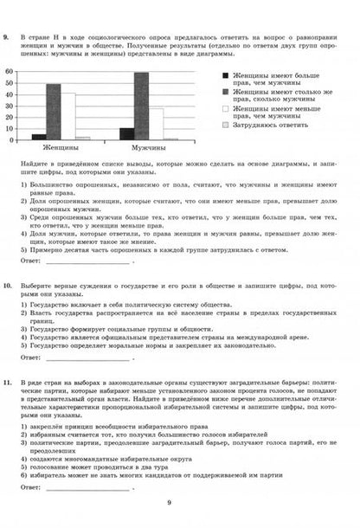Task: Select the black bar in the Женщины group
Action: tap(39, 136)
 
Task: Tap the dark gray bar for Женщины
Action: tap(54, 112)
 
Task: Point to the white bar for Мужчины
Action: tap(157, 124)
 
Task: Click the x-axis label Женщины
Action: tap(61, 149)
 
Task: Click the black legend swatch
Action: tap(227, 76)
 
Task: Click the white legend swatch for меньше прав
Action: tap(227, 110)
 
